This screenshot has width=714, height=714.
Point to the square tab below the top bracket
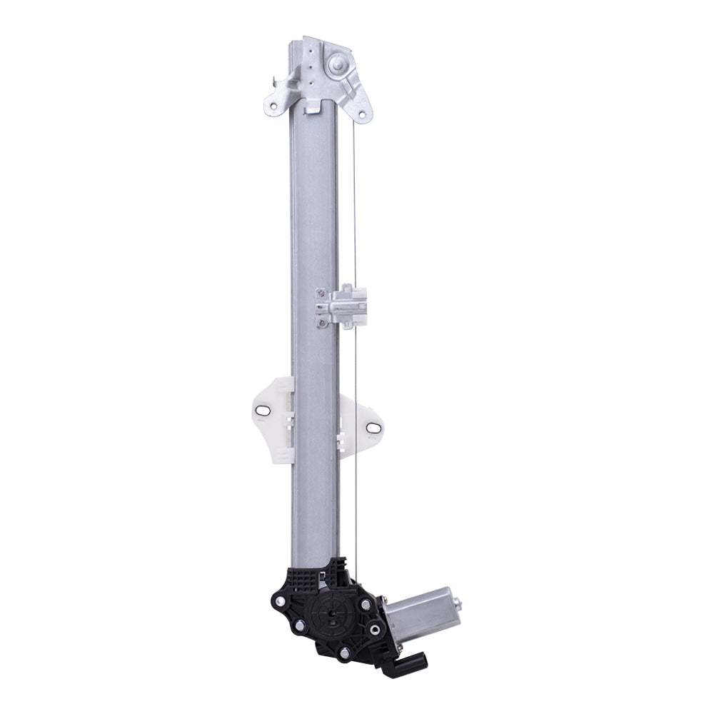[x=313, y=106]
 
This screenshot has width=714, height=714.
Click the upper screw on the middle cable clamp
[x=321, y=294]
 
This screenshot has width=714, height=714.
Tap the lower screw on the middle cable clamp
[x=322, y=322]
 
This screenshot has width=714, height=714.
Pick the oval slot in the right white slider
[x=373, y=427]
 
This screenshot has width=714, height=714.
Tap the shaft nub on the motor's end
[x=457, y=605]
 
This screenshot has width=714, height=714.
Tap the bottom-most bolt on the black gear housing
[x=345, y=653]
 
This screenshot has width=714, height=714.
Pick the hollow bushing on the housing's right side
[x=374, y=629]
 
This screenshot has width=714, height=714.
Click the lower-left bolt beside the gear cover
[x=299, y=626]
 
